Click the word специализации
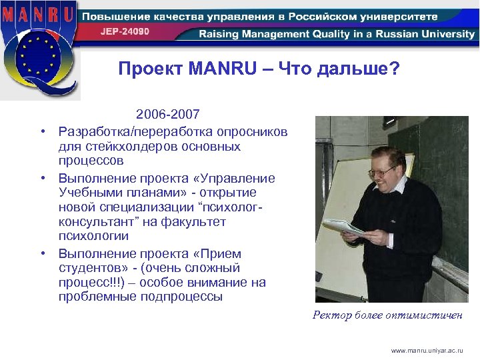(139, 208)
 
